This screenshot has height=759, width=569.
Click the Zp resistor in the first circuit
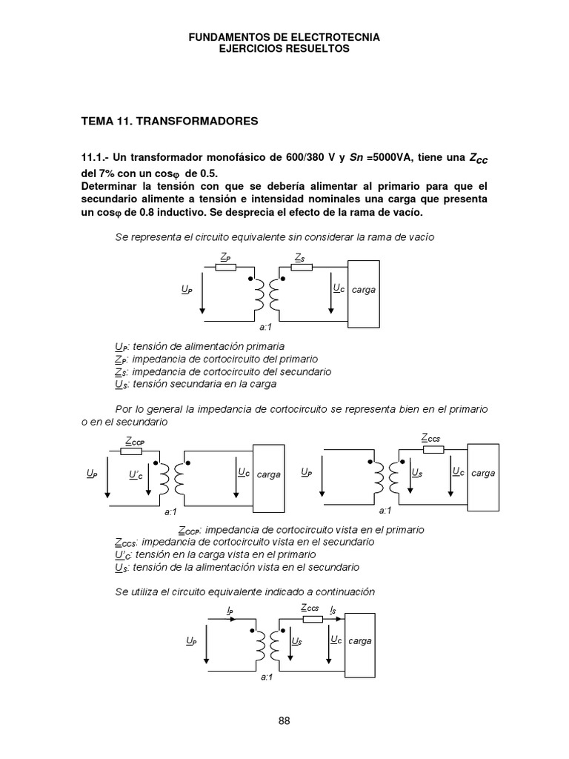pos(225,268)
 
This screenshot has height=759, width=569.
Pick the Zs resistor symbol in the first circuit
pos(302,268)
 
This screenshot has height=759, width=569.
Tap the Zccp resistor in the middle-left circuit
pos(131,450)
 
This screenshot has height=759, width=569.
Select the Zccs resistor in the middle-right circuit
pos(431,450)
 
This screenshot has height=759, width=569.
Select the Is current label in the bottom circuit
pos(334,611)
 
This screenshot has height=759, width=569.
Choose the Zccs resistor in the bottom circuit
pos(310,618)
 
